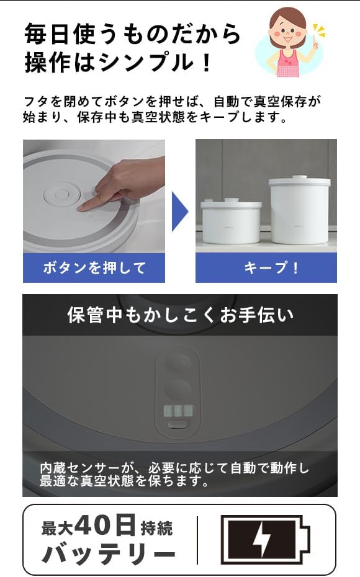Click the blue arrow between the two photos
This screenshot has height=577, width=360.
pos(179,211)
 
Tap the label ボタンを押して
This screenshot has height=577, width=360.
pos(94,267)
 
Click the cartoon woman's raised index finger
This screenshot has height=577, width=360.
pos(315,44)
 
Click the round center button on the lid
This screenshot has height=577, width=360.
pos(61,194)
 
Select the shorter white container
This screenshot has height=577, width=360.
pos(231,221)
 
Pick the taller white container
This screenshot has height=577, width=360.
pos(300,210)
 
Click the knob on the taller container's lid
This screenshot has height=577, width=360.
pos(300,177)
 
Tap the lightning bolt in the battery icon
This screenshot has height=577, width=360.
pos(262,540)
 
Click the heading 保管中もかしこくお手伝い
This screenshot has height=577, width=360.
pos(180,315)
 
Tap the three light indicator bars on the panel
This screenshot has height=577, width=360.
pos(178,410)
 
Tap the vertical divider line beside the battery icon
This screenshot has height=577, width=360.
pos(197,540)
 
